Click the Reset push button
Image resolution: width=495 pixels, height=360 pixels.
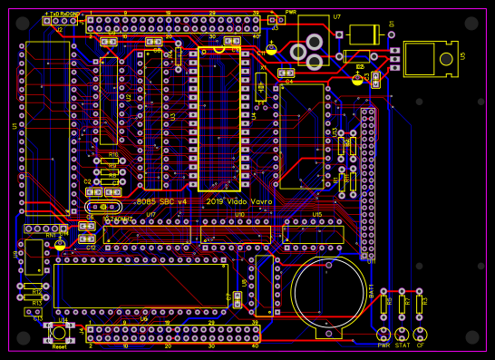coord(60,334)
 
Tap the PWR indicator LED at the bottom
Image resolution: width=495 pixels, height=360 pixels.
coord(383,334)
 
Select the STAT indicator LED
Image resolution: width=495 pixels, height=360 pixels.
coord(402,334)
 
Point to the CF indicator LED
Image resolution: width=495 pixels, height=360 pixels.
coord(420,334)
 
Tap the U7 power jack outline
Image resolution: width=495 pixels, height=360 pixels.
coord(314,43)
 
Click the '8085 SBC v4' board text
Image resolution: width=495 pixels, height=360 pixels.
coord(161,201)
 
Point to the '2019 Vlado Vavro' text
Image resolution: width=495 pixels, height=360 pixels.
coord(238,201)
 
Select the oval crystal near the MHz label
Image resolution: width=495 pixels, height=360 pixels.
coord(104,208)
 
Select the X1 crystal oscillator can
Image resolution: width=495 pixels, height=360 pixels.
coord(261,87)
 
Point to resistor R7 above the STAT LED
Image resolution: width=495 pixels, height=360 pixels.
coord(402,305)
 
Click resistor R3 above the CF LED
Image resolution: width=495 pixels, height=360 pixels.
coord(420,305)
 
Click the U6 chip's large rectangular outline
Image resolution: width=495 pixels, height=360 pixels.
coord(141,285)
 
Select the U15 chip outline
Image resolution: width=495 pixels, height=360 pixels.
coord(315,234)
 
